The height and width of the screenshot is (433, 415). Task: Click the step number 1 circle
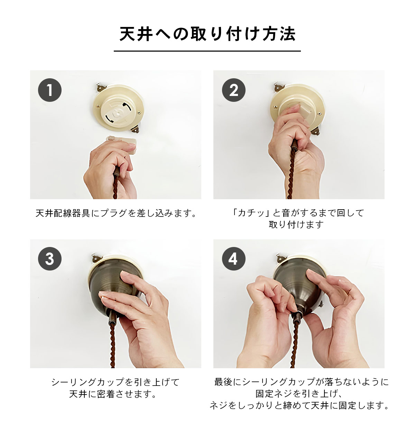pos(50,90)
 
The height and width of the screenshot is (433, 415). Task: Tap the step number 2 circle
pos(234,90)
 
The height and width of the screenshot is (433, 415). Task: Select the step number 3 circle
pos(50,259)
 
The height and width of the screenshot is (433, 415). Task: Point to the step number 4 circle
pos(234,259)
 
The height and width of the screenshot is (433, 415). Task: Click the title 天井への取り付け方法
pos(207,34)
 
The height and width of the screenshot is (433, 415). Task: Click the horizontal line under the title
pos(207,51)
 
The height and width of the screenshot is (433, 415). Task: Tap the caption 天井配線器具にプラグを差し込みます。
pos(116,213)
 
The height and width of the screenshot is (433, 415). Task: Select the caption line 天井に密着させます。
pos(113,394)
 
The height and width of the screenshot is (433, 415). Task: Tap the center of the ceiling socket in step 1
pos(117,113)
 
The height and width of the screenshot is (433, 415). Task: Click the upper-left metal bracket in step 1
pos(101,87)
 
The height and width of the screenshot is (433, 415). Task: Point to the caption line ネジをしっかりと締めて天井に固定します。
pos(299,405)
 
